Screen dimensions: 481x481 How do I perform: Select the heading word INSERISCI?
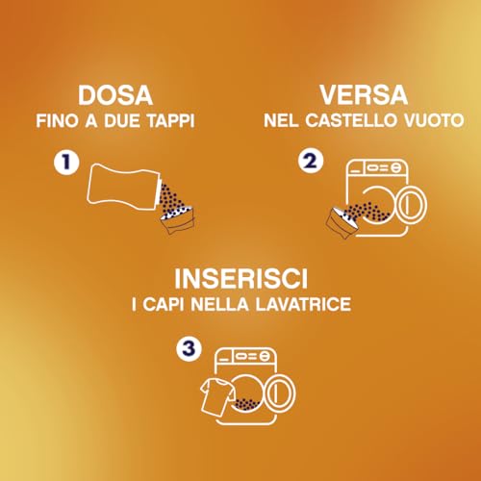[240, 280]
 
